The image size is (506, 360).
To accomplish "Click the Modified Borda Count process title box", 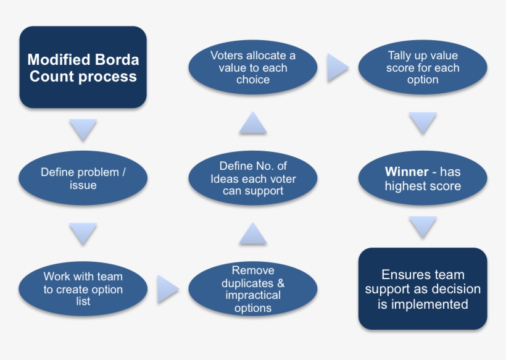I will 83,68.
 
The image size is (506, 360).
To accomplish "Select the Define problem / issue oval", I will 83,178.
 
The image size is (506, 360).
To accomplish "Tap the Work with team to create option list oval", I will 83,289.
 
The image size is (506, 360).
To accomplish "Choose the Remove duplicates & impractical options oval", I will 253,289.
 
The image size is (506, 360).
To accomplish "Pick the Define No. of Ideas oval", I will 253,178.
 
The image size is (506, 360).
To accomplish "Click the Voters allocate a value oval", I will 253,68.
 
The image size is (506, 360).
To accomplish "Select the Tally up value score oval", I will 423,68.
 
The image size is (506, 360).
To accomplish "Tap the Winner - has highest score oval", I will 423,178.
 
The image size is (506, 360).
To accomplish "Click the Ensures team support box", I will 423,289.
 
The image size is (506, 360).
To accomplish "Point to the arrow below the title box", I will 83,130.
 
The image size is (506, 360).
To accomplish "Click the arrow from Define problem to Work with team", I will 83,233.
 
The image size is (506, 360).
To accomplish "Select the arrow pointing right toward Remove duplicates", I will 167,289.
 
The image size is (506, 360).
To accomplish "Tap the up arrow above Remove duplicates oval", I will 253,233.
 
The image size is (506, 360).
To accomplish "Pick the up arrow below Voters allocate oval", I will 253,123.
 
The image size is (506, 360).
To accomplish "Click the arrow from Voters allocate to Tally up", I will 337,68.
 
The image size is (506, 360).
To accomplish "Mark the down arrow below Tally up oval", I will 423,123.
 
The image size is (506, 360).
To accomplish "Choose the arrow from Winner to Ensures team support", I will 423,227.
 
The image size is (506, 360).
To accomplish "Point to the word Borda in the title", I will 117,61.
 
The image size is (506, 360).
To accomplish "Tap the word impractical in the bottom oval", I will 253,295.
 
